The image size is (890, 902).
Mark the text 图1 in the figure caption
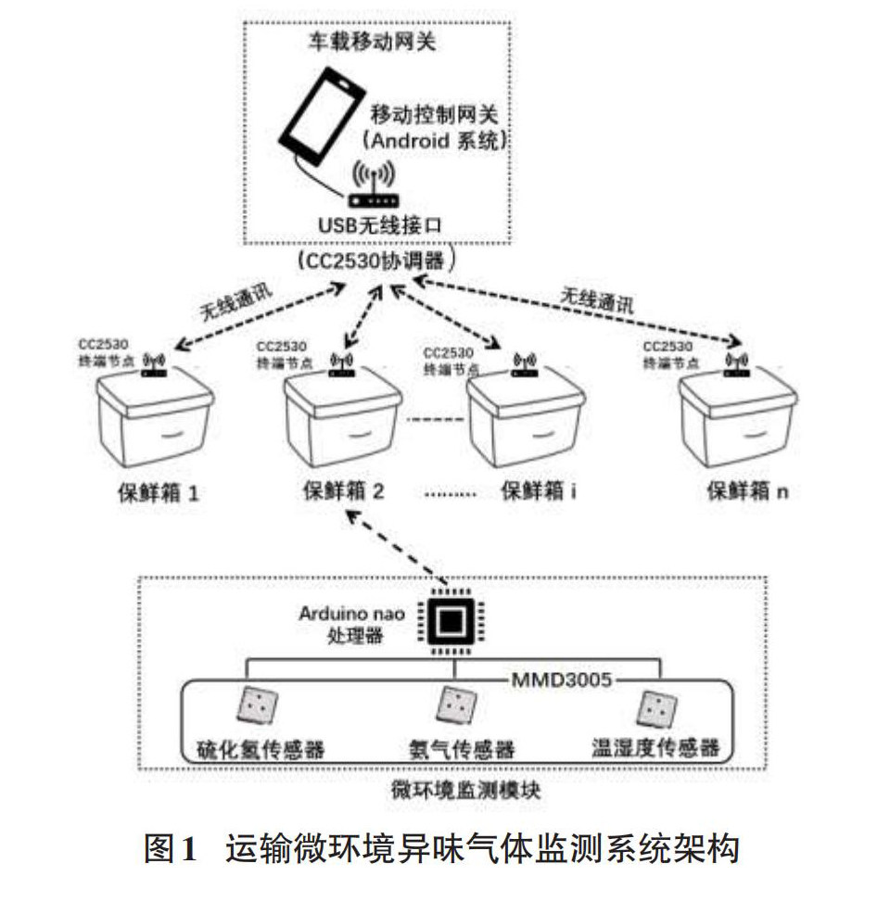tap(172, 849)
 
